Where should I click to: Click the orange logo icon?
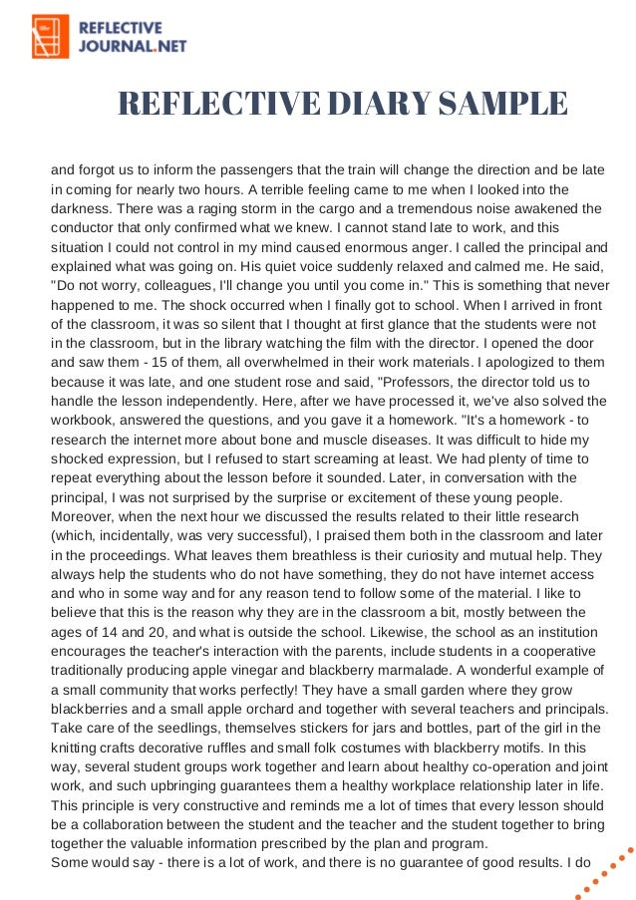point(51,37)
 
